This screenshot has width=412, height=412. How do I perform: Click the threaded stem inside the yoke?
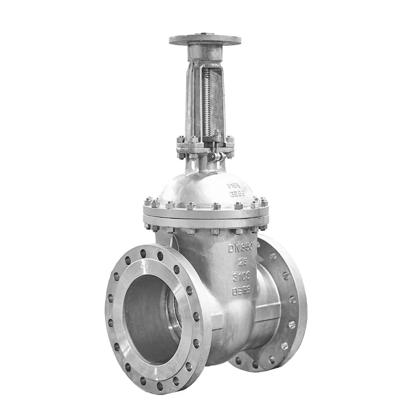point(207,103)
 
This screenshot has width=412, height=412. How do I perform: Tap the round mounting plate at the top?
point(205,40)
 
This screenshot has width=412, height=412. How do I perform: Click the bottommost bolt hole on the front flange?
point(159,386)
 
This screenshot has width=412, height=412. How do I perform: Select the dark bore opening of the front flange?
point(149,319)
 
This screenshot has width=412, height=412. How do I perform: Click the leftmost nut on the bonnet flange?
point(148,201)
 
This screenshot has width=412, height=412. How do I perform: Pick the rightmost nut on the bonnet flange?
point(264,201)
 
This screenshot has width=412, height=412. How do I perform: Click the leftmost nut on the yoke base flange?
point(181,140)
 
